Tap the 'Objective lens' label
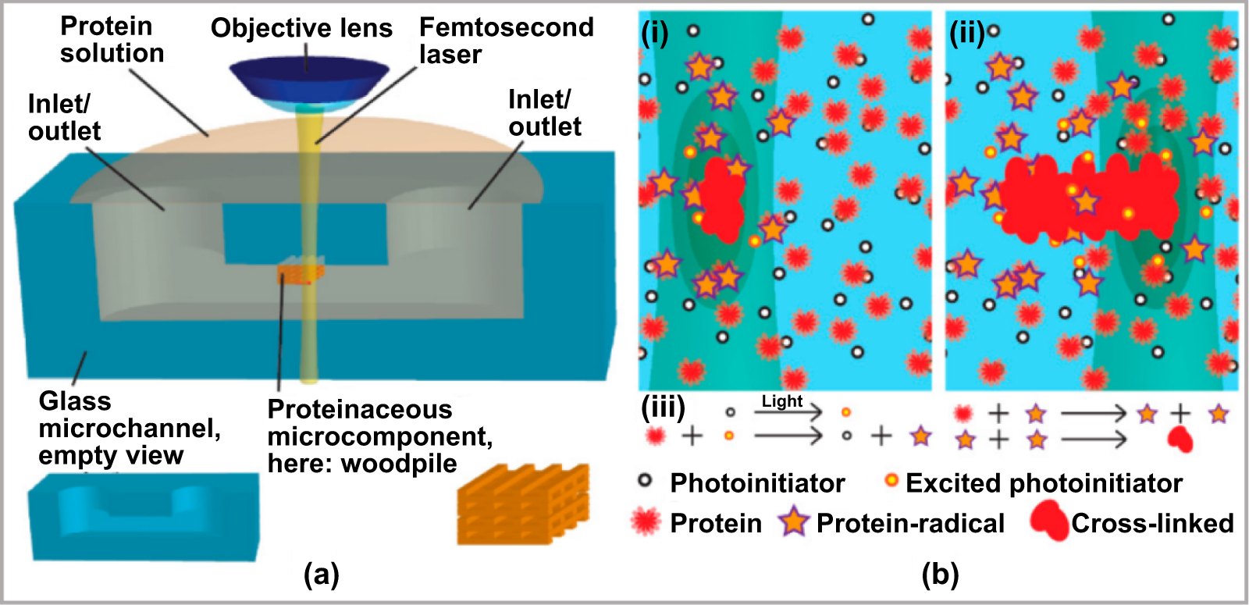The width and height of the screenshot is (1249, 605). (301, 28)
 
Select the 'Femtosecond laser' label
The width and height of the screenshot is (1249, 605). (506, 40)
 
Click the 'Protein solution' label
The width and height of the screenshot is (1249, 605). (112, 40)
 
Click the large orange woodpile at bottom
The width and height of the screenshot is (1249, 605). (523, 504)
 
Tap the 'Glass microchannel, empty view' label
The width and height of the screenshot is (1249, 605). (129, 428)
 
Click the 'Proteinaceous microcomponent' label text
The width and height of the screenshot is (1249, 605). (379, 436)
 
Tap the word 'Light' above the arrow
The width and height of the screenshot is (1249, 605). (782, 401)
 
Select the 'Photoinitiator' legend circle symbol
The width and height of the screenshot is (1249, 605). (646, 481)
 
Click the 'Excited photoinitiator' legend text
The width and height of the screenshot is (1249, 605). (1044, 483)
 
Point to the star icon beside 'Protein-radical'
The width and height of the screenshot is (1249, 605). (793, 521)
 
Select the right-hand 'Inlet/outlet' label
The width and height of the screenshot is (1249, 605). (544, 113)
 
